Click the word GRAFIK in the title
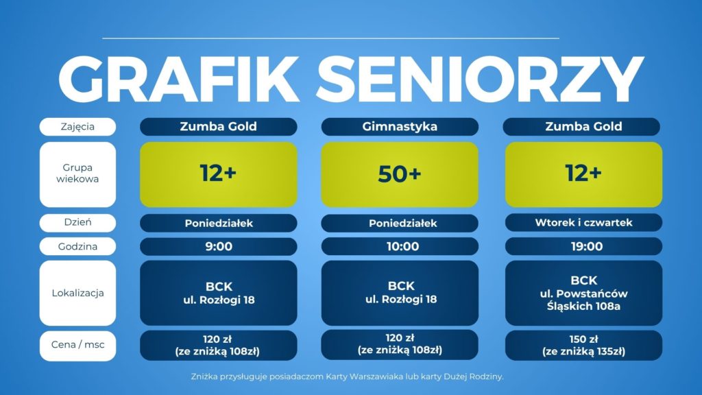pyautogui.click(x=179, y=80)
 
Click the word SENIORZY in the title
pyautogui.click(x=480, y=80)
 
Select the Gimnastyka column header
pyautogui.click(x=400, y=127)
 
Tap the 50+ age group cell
pyautogui.click(x=400, y=175)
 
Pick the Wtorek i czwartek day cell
pyautogui.click(x=583, y=223)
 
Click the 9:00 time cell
pyautogui.click(x=219, y=247)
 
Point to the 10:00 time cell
pyautogui.click(x=400, y=247)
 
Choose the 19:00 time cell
pyautogui.click(x=583, y=247)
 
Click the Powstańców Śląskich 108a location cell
pyautogui.click(x=583, y=293)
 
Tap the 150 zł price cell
pyautogui.click(x=583, y=346)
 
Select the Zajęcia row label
pyautogui.click(x=77, y=127)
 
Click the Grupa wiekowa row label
pyautogui.click(x=77, y=175)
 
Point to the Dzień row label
pyautogui.click(x=77, y=223)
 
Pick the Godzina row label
pyautogui.click(x=77, y=247)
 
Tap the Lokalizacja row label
pyautogui.click(x=77, y=293)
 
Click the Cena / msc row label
pyautogui.click(x=77, y=346)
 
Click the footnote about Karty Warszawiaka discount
pyautogui.click(x=348, y=376)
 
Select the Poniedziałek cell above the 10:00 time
pyautogui.click(x=400, y=223)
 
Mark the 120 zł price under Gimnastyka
pyautogui.click(x=400, y=344)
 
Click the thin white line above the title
pyautogui.click(x=331, y=38)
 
